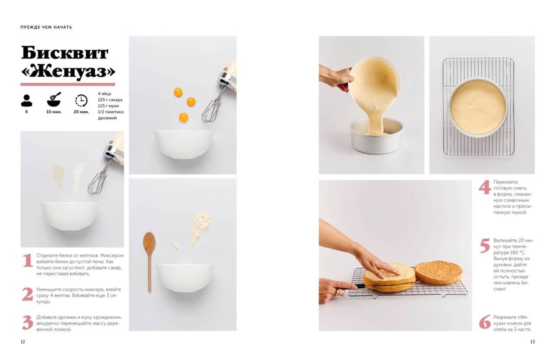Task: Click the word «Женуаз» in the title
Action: pyautogui.click(x=69, y=72)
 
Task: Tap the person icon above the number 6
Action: pyautogui.click(x=26, y=101)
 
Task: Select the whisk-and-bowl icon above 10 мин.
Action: pyautogui.click(x=54, y=99)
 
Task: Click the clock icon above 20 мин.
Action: pyautogui.click(x=81, y=101)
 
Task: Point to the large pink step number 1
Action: pyautogui.click(x=28, y=260)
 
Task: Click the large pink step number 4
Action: pyautogui.click(x=484, y=187)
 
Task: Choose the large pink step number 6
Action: pyautogui.click(x=485, y=322)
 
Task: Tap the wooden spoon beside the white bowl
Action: pyautogui.click(x=150, y=262)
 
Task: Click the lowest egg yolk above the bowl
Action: pyautogui.click(x=183, y=118)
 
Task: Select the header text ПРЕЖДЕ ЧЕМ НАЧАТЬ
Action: pyautogui.click(x=46, y=27)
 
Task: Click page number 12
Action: pyautogui.click(x=23, y=342)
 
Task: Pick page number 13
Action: pyautogui.click(x=532, y=342)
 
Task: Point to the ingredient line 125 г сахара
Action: pyautogui.click(x=110, y=100)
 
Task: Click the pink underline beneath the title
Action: pyautogui.click(x=68, y=84)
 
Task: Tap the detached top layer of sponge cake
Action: pyautogui.click(x=438, y=272)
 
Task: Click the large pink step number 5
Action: pyautogui.click(x=485, y=245)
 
